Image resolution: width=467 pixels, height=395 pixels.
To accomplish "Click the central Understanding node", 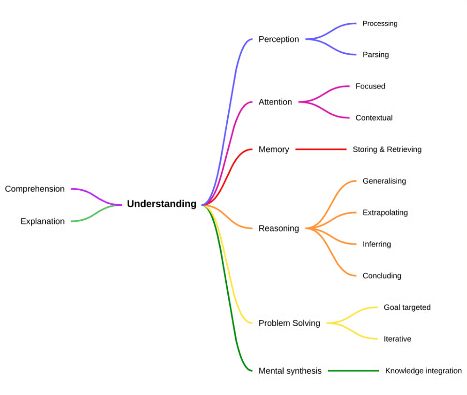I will click(161, 204).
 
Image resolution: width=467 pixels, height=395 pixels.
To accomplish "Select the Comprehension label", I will click(35, 189).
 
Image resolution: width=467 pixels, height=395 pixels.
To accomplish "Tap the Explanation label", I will click(42, 221).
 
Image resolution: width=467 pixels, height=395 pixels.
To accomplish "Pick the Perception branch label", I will click(278, 39).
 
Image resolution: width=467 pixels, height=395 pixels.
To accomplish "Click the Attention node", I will click(275, 102).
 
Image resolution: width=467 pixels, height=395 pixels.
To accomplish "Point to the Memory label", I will click(273, 149).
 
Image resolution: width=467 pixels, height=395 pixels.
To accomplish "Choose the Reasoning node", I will click(278, 228).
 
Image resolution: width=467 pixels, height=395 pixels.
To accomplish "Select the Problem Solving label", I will click(289, 323).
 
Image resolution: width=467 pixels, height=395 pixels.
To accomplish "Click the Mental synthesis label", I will click(290, 371).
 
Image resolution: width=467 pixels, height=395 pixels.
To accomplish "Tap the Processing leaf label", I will click(380, 23).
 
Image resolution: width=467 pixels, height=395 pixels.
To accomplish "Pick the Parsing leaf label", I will click(376, 55).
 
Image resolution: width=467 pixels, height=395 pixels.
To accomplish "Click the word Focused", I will click(370, 86).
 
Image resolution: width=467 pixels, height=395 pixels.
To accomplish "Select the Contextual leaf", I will click(373, 118).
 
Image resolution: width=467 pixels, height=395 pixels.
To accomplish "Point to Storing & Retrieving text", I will click(387, 149).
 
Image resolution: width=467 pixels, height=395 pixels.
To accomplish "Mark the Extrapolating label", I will click(385, 212).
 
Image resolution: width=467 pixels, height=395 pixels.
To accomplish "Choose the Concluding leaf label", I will click(382, 276).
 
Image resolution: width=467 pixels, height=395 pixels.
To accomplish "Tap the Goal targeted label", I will click(407, 307).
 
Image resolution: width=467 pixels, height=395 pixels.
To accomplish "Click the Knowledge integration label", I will click(423, 371).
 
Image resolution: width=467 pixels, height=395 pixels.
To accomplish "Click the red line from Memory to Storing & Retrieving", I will click(321, 149).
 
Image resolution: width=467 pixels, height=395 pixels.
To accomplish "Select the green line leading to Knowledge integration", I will click(353, 371).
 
